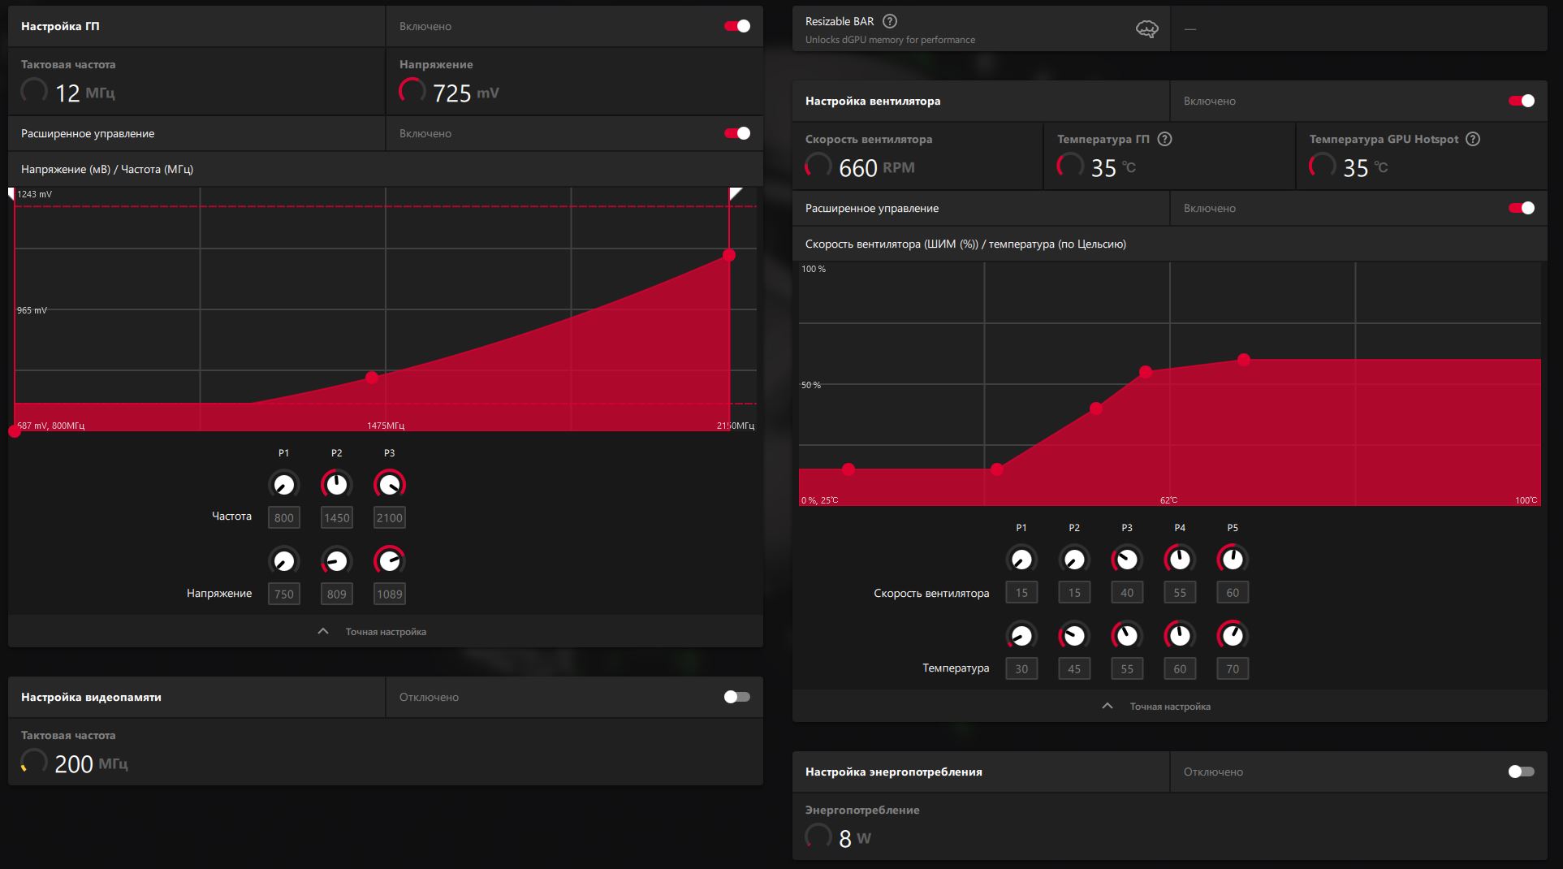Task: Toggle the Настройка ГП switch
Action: pos(737,26)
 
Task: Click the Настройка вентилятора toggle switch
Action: pos(1522,101)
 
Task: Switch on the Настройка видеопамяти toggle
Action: pos(737,697)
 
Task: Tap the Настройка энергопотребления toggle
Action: pos(1522,772)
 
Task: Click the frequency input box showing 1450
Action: pos(337,517)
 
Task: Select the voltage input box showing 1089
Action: pos(390,594)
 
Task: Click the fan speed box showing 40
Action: pos(1127,592)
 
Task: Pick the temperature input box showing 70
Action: pos(1233,668)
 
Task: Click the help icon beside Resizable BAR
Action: pos(890,21)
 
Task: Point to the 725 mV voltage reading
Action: pos(466,93)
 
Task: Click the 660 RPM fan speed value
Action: pos(877,168)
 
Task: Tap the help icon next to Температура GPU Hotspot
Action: pos(1473,139)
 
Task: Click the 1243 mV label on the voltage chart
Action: pos(35,194)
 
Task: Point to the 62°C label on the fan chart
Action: pos(1168,500)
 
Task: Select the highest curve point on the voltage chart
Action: pos(729,255)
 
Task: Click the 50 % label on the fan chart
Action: pos(811,385)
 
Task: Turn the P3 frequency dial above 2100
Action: pos(390,485)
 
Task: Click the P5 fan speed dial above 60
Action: pos(1233,560)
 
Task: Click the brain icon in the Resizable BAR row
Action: pos(1147,29)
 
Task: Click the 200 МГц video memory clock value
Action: pos(91,764)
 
